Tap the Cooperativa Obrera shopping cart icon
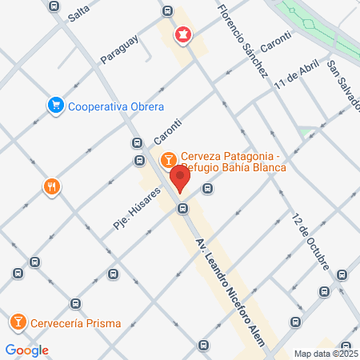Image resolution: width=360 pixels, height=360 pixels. coord(55,105)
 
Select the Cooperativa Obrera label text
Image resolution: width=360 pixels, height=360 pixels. coord(116,106)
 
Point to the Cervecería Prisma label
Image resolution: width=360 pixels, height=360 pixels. coord(76,324)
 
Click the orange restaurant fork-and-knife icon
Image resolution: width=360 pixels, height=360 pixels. coord(51,186)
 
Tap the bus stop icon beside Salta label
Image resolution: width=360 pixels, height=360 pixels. coord(54,6)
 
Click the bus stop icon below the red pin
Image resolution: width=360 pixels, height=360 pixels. coord(183,209)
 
